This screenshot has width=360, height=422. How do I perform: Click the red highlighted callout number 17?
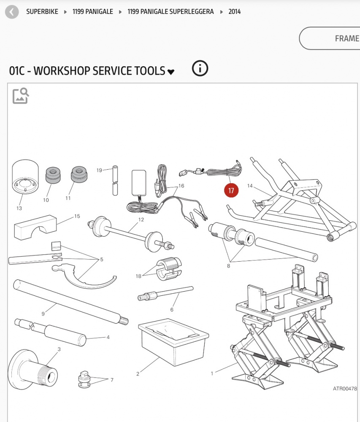click(x=231, y=191)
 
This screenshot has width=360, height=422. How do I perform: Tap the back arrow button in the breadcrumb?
click(x=12, y=12)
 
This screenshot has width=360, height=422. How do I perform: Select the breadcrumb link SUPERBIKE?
click(x=42, y=12)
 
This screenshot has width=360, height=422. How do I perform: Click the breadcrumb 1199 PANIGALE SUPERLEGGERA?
click(x=171, y=12)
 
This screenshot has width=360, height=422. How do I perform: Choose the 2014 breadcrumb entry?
click(x=235, y=12)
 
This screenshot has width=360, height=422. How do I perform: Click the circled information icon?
click(x=200, y=68)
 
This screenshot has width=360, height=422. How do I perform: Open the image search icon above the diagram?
click(x=20, y=96)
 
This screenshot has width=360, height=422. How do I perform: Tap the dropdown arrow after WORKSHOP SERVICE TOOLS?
click(x=171, y=72)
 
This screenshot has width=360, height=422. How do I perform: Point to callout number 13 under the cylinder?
click(x=19, y=208)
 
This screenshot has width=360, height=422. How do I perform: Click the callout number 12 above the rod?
click(x=141, y=219)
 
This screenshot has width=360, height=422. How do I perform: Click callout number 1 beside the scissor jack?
click(x=212, y=373)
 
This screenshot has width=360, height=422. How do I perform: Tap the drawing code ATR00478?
click(x=344, y=389)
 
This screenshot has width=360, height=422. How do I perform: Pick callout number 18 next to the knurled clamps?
click(x=138, y=276)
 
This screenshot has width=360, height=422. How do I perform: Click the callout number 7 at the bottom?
click(x=112, y=380)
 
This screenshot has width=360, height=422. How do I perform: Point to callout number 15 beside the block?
click(x=77, y=216)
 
